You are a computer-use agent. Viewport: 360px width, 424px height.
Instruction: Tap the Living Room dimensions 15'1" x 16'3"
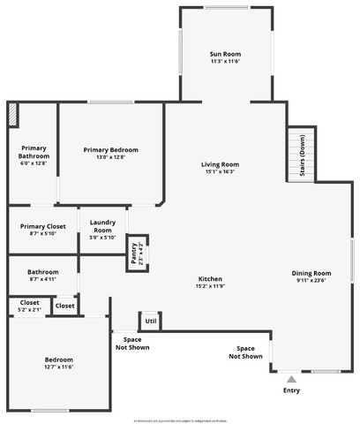(x=220, y=172)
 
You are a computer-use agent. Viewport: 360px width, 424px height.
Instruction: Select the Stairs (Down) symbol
(x=301, y=155)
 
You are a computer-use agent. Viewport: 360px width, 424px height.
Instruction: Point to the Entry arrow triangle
(x=291, y=379)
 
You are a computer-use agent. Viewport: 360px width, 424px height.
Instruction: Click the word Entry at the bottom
(x=291, y=390)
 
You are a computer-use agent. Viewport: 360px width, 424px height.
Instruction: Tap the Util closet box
(x=150, y=321)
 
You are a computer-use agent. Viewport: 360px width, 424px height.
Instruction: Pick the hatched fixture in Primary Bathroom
(x=13, y=115)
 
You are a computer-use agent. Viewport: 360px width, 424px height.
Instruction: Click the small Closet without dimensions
(x=65, y=306)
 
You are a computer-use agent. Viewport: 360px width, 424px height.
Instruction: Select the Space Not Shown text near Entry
(x=245, y=352)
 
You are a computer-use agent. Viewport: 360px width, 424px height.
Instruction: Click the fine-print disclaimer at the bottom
(x=180, y=420)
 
